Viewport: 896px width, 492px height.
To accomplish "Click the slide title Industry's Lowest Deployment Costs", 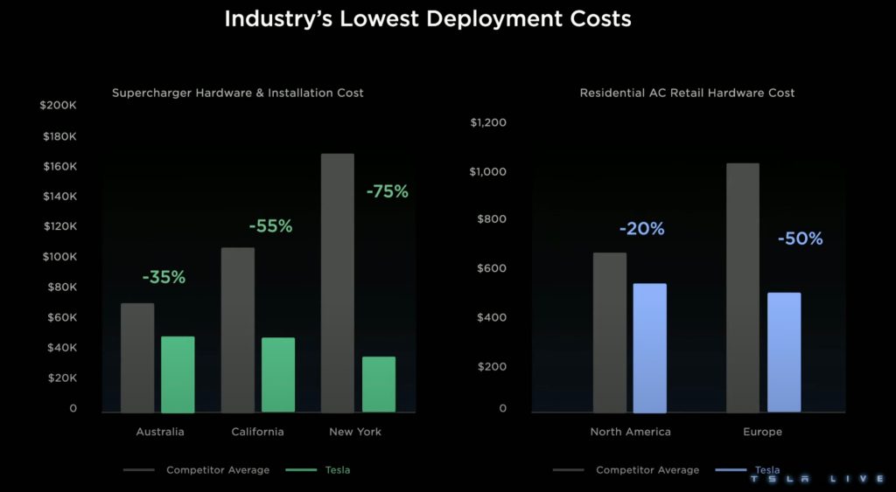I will (428, 18).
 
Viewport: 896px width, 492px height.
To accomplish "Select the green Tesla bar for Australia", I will (178, 374).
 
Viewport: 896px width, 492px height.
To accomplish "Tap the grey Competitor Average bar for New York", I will (338, 282).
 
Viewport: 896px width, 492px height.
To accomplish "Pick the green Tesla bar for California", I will (278, 375).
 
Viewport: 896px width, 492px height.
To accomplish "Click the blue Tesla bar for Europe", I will (784, 351).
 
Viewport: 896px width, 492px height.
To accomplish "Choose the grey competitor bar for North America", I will (610, 332).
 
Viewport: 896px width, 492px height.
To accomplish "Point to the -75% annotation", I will (387, 191).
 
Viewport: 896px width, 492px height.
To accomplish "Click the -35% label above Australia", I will (164, 277).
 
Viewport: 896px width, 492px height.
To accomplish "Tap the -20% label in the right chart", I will (641, 229).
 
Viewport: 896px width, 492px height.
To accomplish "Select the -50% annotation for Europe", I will (800, 239).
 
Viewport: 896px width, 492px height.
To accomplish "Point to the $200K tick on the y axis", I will (59, 106).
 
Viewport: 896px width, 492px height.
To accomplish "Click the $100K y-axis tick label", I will (59, 257).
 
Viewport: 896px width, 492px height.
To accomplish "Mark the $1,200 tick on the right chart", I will (488, 122).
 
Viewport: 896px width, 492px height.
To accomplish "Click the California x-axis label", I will (257, 432).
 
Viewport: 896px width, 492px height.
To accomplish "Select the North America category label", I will (630, 432).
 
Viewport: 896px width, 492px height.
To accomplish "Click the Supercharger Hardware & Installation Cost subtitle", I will (237, 93).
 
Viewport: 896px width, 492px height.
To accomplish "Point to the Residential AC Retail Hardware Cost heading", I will (687, 93).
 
